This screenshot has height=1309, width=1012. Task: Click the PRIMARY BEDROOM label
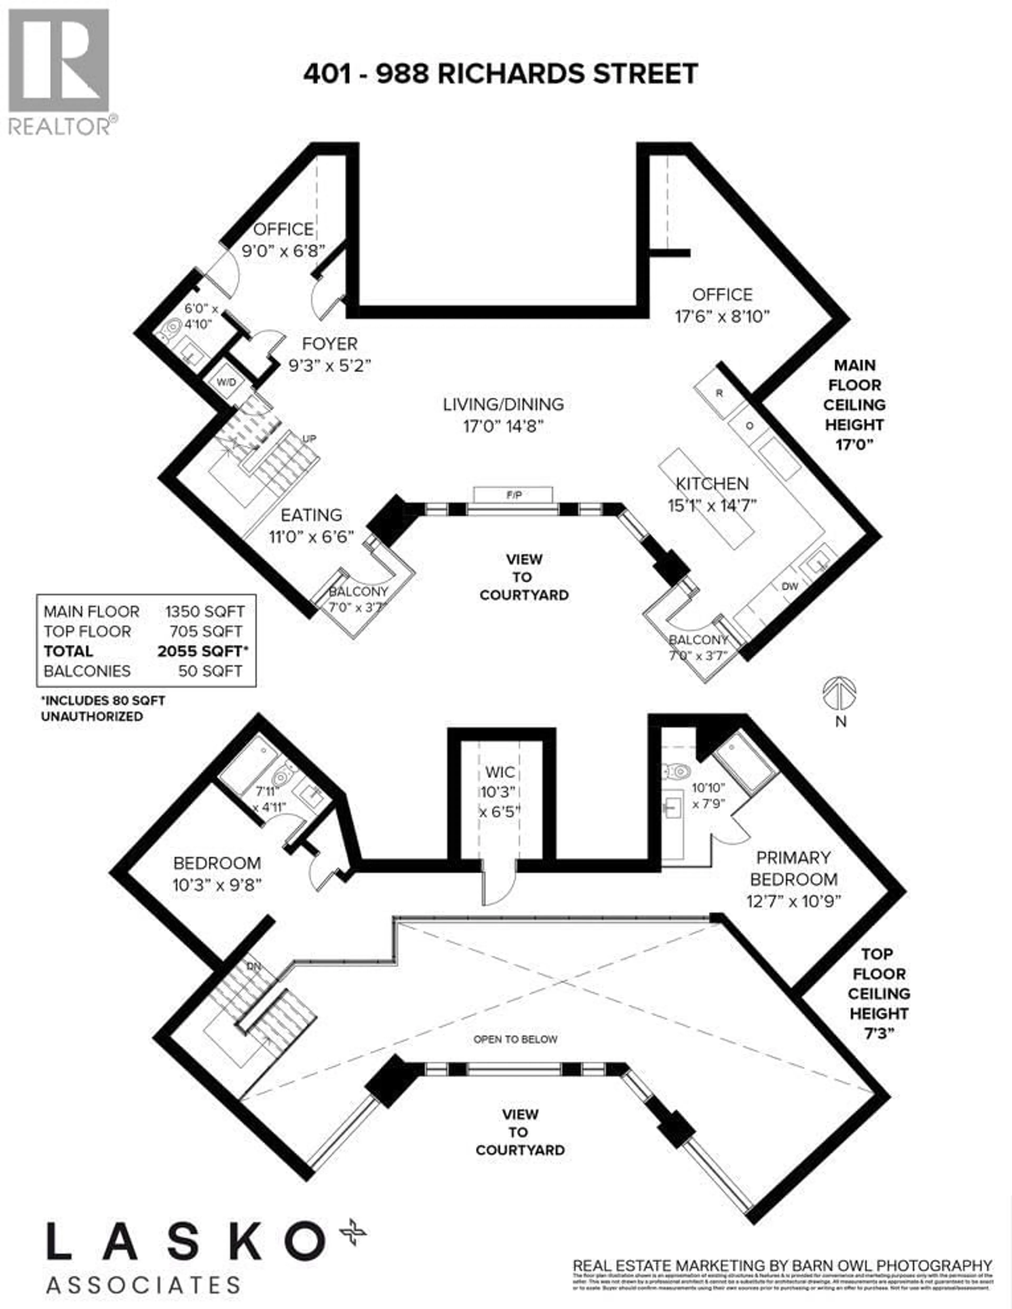tap(793, 868)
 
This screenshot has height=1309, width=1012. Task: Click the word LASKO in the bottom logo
tap(186, 1242)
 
